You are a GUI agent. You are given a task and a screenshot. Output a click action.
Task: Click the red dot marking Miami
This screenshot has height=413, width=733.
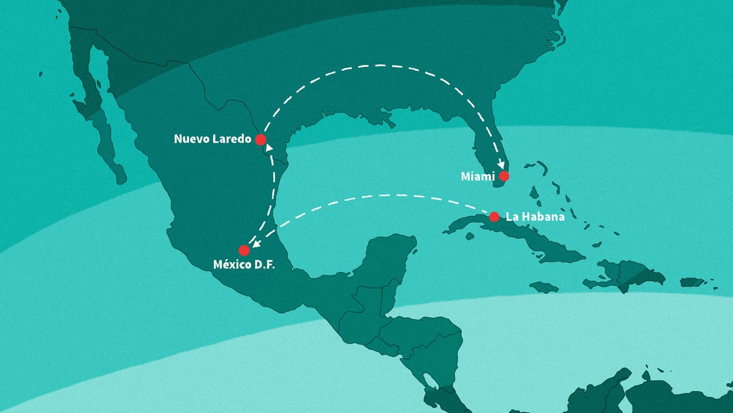[x=504, y=176]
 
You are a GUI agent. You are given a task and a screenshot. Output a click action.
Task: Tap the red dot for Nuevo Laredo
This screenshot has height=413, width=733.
[x=261, y=139]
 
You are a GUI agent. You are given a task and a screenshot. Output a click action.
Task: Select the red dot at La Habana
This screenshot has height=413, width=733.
[x=494, y=217]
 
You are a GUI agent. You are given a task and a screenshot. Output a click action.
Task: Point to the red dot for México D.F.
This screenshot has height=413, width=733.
[x=244, y=250]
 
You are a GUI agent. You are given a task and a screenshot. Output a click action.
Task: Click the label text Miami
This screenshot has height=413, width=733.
[x=478, y=177]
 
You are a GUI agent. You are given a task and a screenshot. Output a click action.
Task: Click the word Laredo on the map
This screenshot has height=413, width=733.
[x=231, y=139]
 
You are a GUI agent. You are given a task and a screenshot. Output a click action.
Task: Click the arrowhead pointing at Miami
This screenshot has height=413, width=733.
[x=502, y=164]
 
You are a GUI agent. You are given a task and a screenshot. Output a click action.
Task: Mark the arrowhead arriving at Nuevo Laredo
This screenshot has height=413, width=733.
[x=269, y=147]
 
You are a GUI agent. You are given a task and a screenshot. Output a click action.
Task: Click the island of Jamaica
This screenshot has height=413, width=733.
[x=543, y=287]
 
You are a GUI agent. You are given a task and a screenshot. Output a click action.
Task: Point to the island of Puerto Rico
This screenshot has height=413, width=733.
[x=692, y=282]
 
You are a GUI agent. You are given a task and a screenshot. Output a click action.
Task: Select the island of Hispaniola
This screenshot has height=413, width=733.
[x=627, y=275]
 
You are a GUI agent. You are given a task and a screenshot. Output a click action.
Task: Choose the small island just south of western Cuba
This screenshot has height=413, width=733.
[x=470, y=236]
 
